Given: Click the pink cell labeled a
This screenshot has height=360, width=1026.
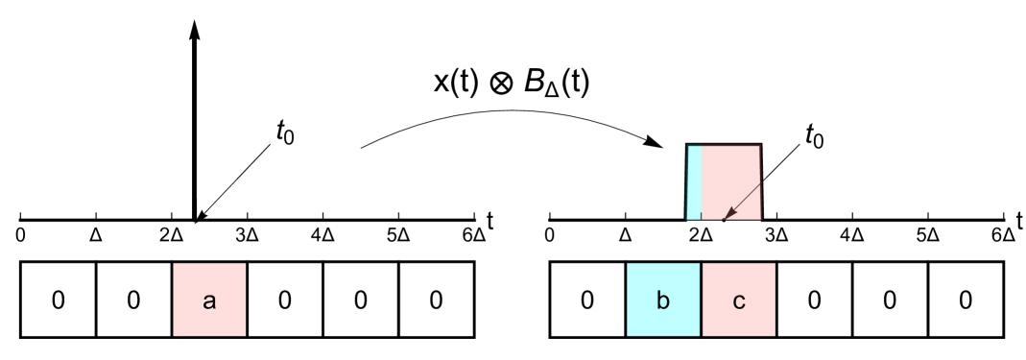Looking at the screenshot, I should point(209,300).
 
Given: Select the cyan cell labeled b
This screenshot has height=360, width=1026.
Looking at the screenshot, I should point(663,300).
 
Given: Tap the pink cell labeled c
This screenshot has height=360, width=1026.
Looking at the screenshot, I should point(739,300).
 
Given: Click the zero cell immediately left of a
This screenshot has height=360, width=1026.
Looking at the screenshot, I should point(133,300).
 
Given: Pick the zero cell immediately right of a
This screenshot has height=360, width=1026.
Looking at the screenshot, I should point(285,300).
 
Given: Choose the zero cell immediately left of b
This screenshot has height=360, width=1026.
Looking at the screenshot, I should point(587,300).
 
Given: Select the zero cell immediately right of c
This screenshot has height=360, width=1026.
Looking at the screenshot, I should point(814,300).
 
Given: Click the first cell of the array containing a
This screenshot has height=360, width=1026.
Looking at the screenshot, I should point(58,300).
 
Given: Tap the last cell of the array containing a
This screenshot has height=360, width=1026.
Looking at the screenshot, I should point(436,300).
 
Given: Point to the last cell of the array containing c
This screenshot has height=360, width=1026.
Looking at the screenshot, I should point(966,300).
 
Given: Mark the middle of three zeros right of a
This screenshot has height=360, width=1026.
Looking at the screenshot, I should point(360,300).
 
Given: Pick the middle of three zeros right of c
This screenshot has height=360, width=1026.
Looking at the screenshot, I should point(890,300).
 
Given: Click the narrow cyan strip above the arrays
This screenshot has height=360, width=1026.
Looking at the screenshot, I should point(694,181).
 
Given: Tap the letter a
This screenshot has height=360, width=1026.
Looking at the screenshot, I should point(209,300).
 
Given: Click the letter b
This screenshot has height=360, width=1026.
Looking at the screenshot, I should point(663,300).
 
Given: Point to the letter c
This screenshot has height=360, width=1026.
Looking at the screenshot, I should point(739,300).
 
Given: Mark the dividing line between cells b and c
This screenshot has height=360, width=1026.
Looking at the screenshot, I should point(701,300).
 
